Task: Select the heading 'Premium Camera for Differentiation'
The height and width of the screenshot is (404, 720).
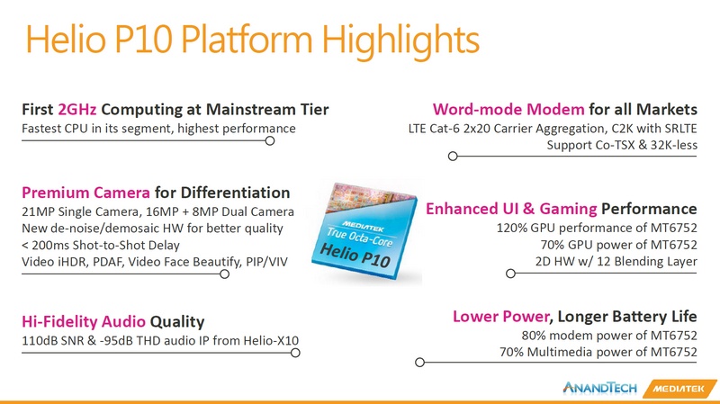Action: [155, 193]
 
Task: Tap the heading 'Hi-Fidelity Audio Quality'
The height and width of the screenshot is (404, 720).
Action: [112, 321]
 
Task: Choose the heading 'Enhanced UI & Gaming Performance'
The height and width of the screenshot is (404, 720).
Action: [561, 209]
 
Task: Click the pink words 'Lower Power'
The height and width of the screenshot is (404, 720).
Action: [499, 316]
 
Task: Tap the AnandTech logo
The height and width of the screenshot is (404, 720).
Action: [599, 388]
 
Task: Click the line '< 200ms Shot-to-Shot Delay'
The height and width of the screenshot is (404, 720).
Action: [100, 246]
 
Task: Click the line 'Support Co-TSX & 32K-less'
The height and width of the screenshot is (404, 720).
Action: [623, 144]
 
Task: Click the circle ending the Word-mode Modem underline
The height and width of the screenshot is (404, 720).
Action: [453, 157]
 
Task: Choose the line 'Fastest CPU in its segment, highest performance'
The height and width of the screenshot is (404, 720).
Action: [158, 129]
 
